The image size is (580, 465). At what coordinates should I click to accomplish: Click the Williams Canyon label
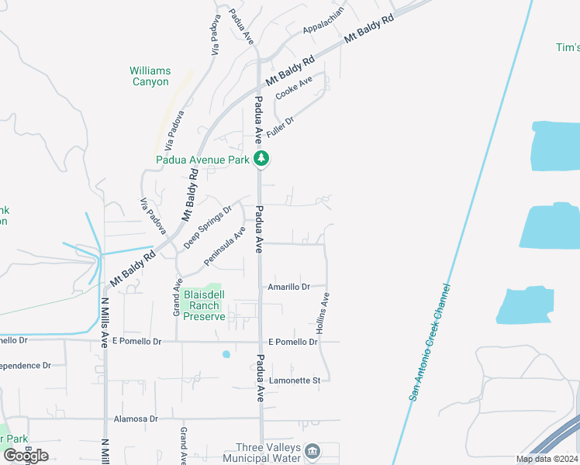[x=149, y=76]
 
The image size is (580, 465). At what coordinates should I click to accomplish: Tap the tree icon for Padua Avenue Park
[x=263, y=160]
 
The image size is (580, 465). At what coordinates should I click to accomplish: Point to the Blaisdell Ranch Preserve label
[x=204, y=305]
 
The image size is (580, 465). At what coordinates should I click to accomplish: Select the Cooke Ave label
[x=294, y=91]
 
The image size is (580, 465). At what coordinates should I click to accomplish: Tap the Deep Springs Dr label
[x=208, y=227]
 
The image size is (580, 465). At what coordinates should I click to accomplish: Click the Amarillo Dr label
[x=288, y=287]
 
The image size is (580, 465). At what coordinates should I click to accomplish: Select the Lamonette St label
[x=295, y=381]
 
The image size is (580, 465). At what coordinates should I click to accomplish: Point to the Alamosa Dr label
[x=136, y=418]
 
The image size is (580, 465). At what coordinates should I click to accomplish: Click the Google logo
[x=25, y=456]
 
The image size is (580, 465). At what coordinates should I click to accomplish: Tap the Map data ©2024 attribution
[x=547, y=459]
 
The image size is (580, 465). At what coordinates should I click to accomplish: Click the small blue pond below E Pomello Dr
[x=226, y=354]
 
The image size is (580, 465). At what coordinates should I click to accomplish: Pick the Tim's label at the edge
[x=568, y=47]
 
